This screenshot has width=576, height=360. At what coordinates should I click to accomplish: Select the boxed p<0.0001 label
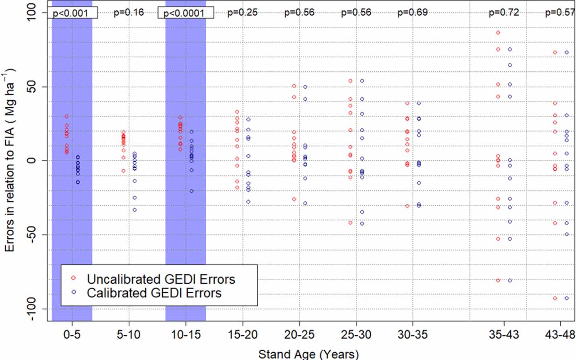[x=185, y=13]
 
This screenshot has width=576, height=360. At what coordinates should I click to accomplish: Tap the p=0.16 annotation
[x=129, y=12]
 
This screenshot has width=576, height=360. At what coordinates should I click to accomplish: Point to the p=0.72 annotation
[x=504, y=12]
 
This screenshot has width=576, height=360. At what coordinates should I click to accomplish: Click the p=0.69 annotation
[x=412, y=12]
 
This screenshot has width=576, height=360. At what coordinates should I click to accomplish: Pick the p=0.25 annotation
[x=242, y=12]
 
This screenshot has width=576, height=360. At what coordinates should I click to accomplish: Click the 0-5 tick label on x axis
[x=72, y=335]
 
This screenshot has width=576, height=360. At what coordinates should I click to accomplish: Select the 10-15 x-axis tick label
[x=186, y=335]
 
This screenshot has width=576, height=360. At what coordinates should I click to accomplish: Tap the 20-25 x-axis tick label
[x=299, y=335]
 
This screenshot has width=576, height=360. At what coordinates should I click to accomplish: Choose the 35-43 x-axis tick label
[x=504, y=335]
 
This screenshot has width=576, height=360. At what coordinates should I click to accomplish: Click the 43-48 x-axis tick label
[x=560, y=335]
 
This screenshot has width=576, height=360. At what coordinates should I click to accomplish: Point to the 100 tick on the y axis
[x=32, y=12]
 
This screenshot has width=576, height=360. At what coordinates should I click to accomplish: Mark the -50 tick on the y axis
[x=32, y=235]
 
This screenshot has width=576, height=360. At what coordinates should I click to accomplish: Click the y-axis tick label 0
[x=32, y=161]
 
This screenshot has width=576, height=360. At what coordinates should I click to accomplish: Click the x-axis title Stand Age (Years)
[x=308, y=354]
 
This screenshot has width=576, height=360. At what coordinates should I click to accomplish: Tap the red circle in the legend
[x=73, y=278]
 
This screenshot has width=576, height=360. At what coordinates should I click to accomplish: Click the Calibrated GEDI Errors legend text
[x=154, y=293]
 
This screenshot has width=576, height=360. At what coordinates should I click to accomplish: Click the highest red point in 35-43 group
[x=498, y=33]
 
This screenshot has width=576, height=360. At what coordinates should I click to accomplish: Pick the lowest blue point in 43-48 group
[x=567, y=299]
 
